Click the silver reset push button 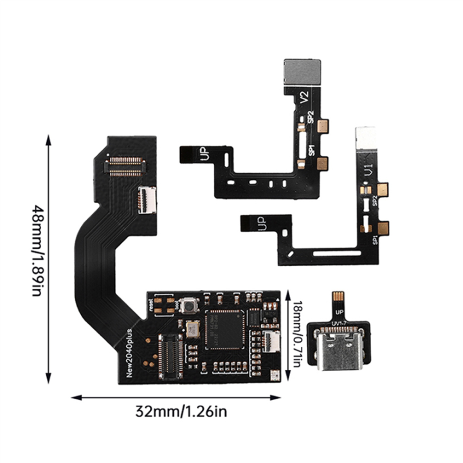[188, 306]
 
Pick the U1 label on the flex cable [368, 170]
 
